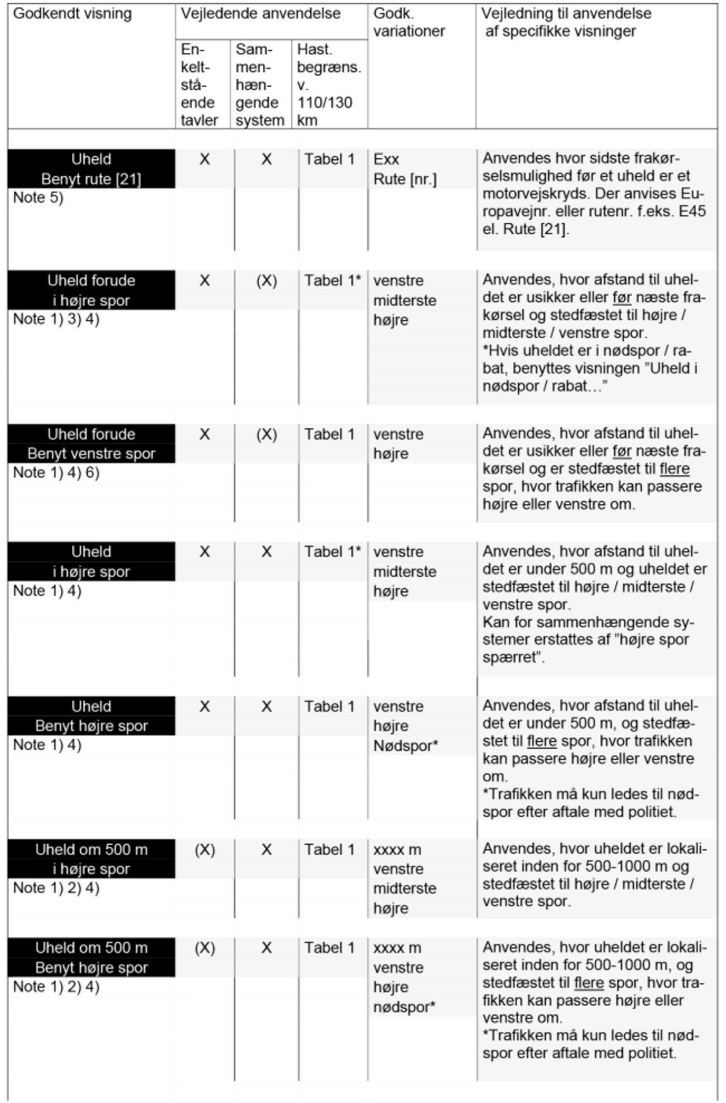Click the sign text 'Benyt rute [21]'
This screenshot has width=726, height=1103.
(x=91, y=179)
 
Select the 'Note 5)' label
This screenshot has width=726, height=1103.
(x=38, y=198)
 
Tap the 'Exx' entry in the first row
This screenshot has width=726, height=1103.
(x=386, y=159)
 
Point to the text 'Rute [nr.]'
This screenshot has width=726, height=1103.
(x=405, y=179)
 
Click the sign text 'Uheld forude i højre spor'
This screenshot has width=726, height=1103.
(x=91, y=290)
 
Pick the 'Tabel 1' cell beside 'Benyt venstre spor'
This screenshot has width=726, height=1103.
(x=329, y=434)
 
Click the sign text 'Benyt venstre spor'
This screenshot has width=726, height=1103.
(x=91, y=454)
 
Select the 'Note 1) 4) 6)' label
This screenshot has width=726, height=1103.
(x=56, y=473)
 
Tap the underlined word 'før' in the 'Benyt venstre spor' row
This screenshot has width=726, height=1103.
(x=621, y=451)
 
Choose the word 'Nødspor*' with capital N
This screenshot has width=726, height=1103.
(x=405, y=746)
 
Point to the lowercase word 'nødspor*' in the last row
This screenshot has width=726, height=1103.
(x=404, y=1007)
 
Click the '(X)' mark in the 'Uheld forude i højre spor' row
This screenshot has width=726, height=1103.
(x=266, y=281)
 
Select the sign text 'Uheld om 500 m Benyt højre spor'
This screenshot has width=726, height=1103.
(x=91, y=958)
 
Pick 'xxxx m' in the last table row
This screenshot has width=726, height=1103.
(x=397, y=948)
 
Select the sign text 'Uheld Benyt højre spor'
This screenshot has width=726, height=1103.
(x=91, y=716)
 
